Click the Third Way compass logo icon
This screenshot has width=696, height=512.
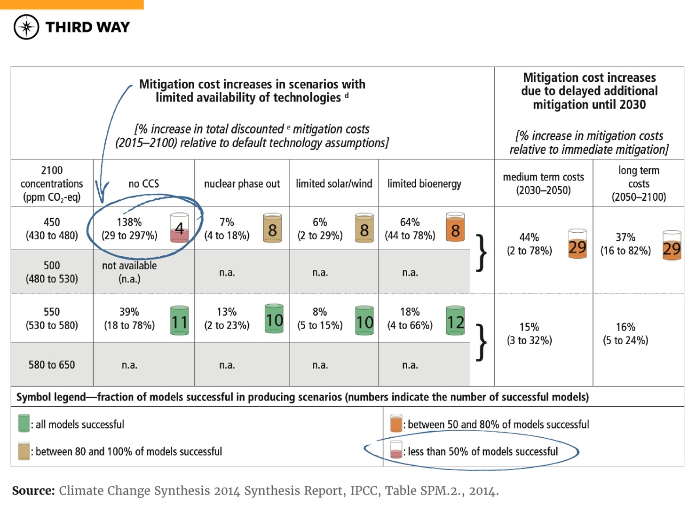click(26, 27)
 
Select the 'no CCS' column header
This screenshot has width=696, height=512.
click(143, 183)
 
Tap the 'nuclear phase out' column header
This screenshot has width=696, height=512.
click(242, 183)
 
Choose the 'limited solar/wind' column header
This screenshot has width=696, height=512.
click(334, 183)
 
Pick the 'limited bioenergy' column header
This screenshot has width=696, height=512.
click(424, 183)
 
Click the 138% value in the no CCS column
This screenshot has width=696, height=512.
click(129, 222)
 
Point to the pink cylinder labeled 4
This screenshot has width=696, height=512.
click(179, 228)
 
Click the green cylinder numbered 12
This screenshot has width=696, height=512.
click(455, 321)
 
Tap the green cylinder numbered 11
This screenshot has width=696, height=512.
click(179, 321)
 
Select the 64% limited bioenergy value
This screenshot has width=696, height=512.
click(410, 222)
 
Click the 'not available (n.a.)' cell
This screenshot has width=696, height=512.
click(129, 272)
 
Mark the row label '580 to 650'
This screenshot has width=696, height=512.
click(52, 365)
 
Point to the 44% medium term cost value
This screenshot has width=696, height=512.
click(529, 237)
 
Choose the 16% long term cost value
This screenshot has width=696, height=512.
click(625, 327)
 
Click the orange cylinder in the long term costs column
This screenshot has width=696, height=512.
click(672, 245)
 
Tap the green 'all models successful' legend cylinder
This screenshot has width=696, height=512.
click(24, 423)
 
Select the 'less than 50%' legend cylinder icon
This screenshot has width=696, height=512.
click(396, 450)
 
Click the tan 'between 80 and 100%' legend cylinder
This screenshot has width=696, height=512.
click(24, 451)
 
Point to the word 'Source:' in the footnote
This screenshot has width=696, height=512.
click(33, 491)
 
